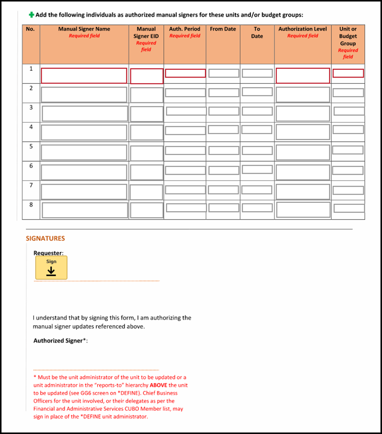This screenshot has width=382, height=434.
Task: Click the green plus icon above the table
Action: (x=32, y=15)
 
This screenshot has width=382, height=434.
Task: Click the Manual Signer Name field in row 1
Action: (x=84, y=76)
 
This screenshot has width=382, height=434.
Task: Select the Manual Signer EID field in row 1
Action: (x=146, y=76)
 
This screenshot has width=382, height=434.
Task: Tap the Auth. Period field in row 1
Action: (x=185, y=73)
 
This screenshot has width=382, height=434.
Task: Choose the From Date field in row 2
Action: (x=223, y=92)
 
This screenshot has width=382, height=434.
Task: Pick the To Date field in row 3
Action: (x=257, y=111)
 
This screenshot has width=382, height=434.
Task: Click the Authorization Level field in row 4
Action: (x=303, y=133)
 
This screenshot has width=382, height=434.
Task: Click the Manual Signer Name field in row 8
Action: (x=85, y=210)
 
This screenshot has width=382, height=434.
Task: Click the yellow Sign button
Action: (x=51, y=267)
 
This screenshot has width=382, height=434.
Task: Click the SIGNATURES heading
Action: (x=45, y=238)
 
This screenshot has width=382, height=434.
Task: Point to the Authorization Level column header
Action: (x=303, y=29)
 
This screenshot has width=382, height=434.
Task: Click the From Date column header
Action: (x=223, y=29)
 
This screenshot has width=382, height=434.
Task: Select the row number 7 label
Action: (x=31, y=185)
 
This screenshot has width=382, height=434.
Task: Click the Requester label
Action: (x=48, y=253)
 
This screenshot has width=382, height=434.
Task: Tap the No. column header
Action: (x=31, y=29)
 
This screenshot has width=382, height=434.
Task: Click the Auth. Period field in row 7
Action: (x=185, y=190)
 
